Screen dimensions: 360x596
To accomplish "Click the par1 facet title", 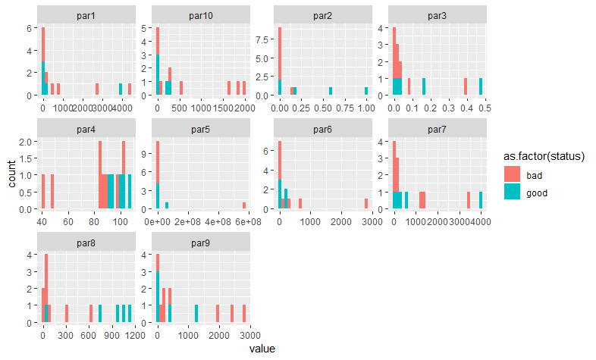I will tap(86, 15).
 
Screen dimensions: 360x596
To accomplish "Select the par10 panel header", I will tap(202, 15).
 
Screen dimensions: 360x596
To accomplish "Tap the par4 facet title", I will tap(86, 129).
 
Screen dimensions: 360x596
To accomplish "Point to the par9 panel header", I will tap(202, 243).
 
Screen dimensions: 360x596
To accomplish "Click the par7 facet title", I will tap(436, 129).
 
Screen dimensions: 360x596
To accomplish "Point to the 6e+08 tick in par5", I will tap(244, 221).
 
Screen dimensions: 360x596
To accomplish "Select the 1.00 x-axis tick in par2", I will tap(365, 108).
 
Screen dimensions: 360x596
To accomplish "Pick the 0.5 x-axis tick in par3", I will tap(482, 108).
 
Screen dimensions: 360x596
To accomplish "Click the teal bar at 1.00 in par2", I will tap(365, 91).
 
